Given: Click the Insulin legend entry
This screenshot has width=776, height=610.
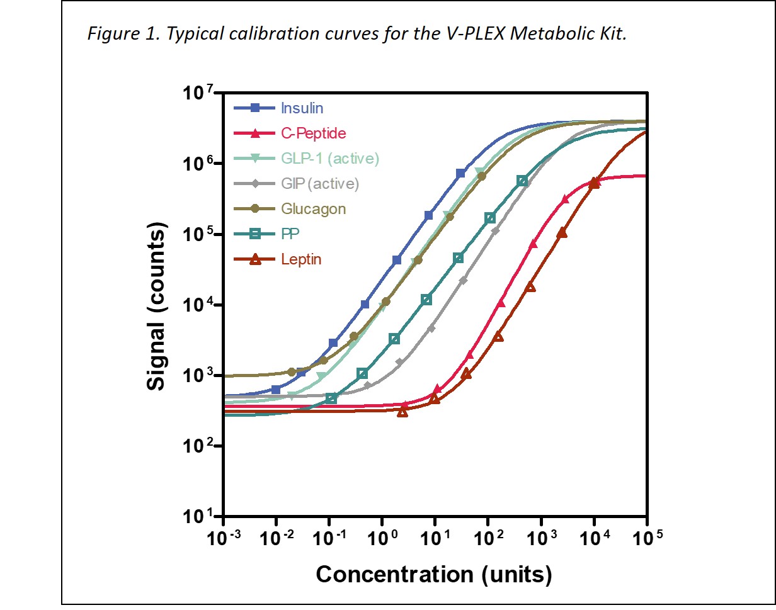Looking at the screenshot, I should pyautogui.click(x=302, y=108).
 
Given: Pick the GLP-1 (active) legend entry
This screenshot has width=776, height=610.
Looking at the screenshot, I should pyautogui.click(x=330, y=159).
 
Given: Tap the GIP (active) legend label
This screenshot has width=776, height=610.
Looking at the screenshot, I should pyautogui.click(x=319, y=184).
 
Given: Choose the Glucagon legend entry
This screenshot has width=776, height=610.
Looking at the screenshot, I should pyautogui.click(x=313, y=209).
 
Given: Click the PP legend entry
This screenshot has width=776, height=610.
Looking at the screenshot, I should pyautogui.click(x=290, y=234).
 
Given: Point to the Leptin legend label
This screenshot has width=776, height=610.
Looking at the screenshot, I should pyautogui.click(x=301, y=259).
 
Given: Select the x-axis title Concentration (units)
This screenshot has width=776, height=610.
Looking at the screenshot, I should pyautogui.click(x=434, y=574).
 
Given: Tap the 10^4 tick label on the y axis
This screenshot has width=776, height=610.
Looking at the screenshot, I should pyautogui.click(x=201, y=305).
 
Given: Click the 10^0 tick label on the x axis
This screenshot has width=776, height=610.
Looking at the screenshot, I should pyautogui.click(x=382, y=539).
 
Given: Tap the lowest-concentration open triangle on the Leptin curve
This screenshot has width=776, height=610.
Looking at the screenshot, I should pyautogui.click(x=402, y=411).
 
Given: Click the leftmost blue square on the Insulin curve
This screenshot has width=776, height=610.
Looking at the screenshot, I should pyautogui.click(x=276, y=390).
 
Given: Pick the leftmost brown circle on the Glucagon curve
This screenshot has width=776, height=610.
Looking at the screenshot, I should pyautogui.click(x=292, y=372).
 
